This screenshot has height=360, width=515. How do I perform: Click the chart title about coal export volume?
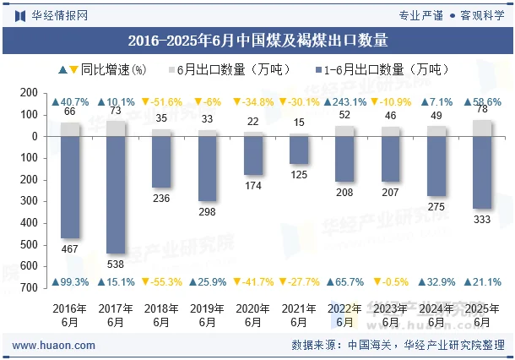(x=257, y=39)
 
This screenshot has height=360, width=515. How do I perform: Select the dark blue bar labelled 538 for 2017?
(x=116, y=194)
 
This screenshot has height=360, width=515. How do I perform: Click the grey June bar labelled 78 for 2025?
(x=481, y=128)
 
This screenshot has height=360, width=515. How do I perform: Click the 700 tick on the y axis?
(x=29, y=287)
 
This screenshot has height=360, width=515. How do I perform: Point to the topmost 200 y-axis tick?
(x=29, y=93)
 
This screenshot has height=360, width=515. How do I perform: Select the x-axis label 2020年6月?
(x=252, y=315)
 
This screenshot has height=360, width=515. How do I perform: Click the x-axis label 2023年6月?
(x=390, y=315)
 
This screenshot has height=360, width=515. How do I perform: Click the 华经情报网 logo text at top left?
(x=58, y=14)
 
